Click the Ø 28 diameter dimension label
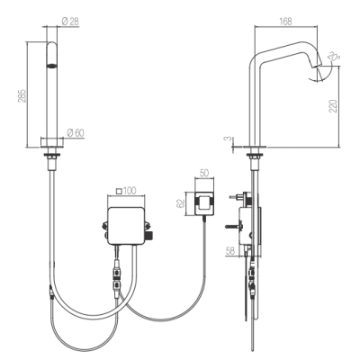(x=70, y=22)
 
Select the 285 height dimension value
(x=22, y=95)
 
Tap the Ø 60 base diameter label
(x=76, y=132)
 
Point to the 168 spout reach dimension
(x=285, y=22)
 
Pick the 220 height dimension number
(x=333, y=106)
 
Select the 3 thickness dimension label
(x=229, y=139)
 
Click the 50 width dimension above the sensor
(x=204, y=173)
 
